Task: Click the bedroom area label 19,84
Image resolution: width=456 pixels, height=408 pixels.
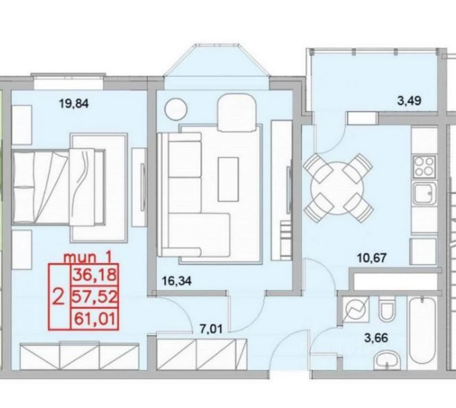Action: point(73,104)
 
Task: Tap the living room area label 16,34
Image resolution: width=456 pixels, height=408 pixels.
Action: point(177,281)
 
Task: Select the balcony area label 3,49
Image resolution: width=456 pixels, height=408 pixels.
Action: point(409,101)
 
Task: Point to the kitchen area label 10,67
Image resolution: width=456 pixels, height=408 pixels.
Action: point(371,258)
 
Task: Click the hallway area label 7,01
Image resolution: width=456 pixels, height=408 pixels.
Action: point(211,329)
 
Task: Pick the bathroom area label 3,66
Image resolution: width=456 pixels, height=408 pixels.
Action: point(376,338)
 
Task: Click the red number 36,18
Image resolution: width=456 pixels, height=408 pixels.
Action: point(95,275)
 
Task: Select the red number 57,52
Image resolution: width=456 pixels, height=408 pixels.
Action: point(95,297)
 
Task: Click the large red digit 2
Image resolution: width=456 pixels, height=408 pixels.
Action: point(59,297)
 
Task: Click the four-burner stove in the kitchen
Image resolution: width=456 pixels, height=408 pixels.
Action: point(425,166)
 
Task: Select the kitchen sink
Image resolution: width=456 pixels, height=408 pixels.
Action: point(425,194)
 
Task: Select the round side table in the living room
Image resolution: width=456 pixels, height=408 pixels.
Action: point(176,109)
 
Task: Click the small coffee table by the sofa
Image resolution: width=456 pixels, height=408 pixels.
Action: point(228,179)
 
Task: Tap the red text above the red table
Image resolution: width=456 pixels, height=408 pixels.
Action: point(88,257)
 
